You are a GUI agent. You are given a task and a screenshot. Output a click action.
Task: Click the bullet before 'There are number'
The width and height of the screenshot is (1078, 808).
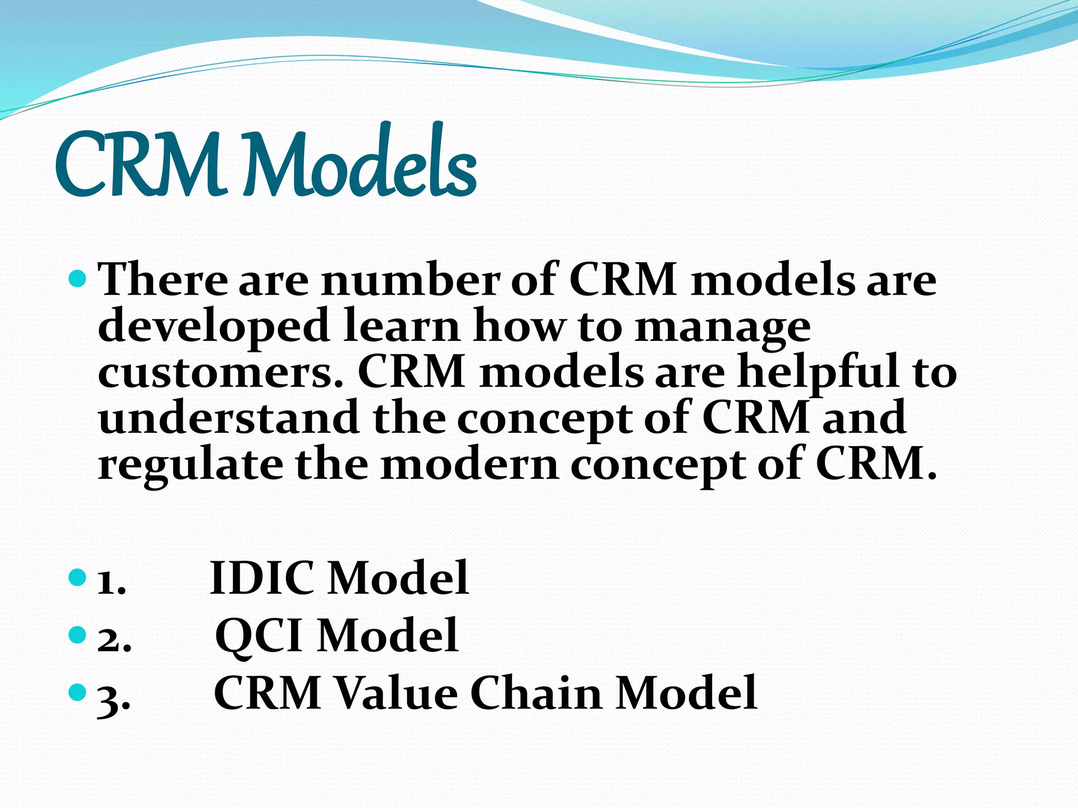coord(77,278)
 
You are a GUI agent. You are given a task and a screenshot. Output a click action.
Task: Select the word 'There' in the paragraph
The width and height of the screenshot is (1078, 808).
coord(163,279)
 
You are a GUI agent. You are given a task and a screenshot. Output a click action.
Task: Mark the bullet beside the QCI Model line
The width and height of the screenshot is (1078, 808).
coord(77,634)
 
